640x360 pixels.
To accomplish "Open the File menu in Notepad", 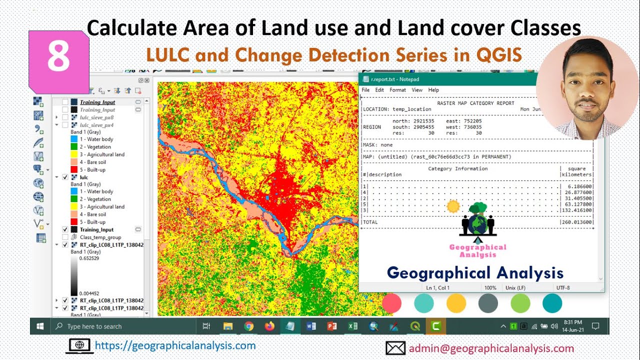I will pos(365,90).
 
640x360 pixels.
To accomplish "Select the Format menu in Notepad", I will pos(397,90).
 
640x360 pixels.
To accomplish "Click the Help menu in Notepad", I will pos(433,90).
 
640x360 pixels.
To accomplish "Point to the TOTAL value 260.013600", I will pos(577,222).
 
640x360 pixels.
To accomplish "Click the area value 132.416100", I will pos(577,210).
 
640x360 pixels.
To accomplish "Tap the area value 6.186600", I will pos(578,186).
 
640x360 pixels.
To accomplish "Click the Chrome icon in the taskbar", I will pos(248,326).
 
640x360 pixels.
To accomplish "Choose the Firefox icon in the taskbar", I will pos(269,326).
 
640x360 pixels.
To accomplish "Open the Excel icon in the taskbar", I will pos(352,326).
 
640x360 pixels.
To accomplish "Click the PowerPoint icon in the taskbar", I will pos(331,326).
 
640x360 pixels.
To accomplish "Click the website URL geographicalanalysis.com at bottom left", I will pos(175,345).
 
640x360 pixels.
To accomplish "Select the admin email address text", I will pos(491,348).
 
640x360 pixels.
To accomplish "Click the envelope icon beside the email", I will pos(395,348).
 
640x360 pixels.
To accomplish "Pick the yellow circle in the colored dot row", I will pos(456,303).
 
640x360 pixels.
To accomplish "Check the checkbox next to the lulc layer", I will pos(65,177).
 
